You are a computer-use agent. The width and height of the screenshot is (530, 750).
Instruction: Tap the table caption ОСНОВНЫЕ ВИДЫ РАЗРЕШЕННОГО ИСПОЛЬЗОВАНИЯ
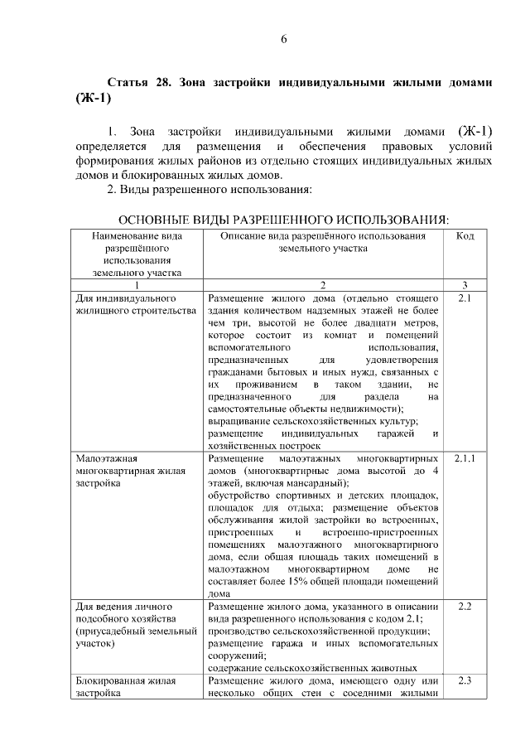point(284,220)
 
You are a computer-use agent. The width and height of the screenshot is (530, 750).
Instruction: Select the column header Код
point(465,236)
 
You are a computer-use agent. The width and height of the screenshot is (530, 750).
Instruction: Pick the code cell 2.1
point(465,296)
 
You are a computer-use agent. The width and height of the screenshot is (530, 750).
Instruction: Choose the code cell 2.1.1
point(465,458)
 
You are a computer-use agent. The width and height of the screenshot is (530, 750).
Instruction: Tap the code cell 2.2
point(465,607)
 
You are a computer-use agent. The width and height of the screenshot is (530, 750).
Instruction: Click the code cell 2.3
point(465,681)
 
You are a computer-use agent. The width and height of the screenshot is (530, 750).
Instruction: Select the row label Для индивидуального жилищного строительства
point(125,302)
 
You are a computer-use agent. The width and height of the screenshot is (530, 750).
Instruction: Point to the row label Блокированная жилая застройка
point(125,688)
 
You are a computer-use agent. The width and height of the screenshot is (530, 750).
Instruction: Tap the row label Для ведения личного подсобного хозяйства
point(123,624)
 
